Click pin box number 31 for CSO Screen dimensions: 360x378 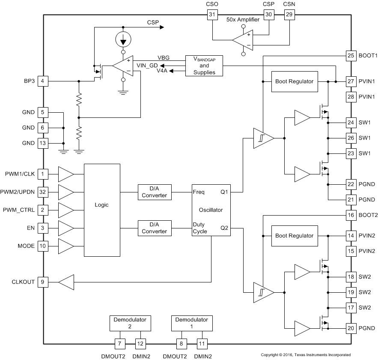click(212, 15)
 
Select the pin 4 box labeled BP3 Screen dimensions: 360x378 click(42, 81)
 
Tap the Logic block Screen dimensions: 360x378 click(101, 210)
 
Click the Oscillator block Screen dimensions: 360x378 click(211, 210)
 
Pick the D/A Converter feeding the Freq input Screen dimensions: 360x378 click(154, 192)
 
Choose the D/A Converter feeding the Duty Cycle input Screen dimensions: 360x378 click(154, 228)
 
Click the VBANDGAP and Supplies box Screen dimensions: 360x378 click(204, 66)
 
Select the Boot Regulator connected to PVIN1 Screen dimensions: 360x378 click(294, 81)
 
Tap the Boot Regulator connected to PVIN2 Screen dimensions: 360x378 click(294, 235)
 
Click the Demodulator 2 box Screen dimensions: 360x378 click(130, 323)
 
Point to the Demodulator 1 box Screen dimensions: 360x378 click(191, 323)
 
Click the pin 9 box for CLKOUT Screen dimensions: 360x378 click(42, 282)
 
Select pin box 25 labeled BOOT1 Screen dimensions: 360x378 click(351, 56)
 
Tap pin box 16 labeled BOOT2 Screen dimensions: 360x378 click(351, 215)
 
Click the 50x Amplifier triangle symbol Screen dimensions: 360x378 click(242, 41)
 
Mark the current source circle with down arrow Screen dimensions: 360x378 click(123, 41)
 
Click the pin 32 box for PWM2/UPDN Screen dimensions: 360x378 click(42, 192)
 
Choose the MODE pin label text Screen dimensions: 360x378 click(26, 246)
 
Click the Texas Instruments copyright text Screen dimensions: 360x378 click(306, 355)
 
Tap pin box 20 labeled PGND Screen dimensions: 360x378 click(351, 328)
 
